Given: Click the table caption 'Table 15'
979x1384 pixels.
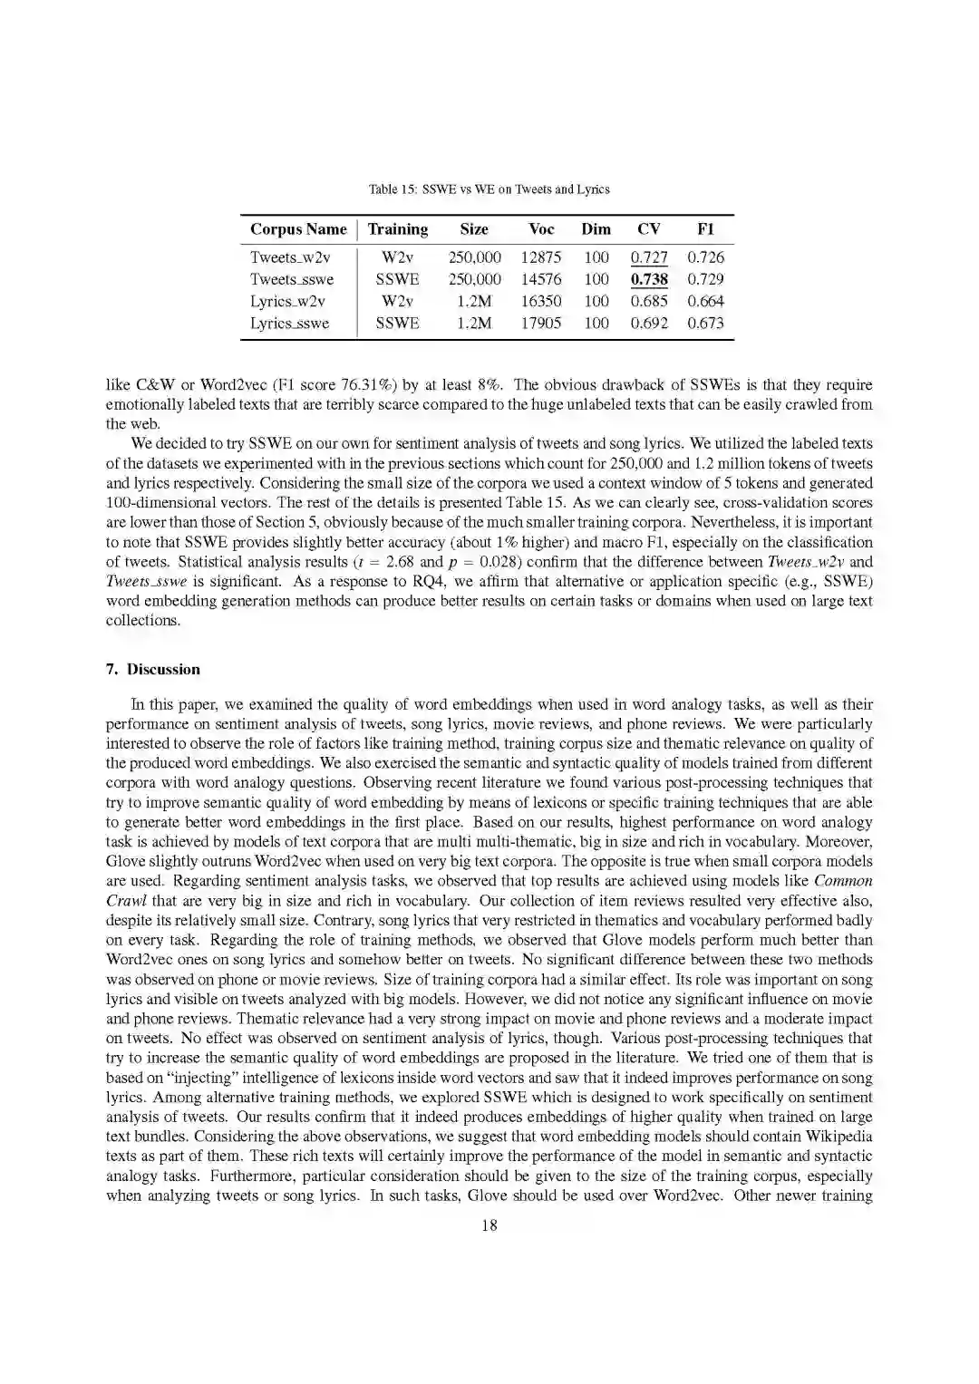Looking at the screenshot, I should pyautogui.click(x=489, y=189).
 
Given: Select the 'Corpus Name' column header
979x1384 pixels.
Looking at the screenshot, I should pyautogui.click(x=298, y=229).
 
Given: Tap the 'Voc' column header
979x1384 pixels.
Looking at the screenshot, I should pyautogui.click(x=540, y=229).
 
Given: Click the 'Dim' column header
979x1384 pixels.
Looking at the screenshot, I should pyautogui.click(x=596, y=229).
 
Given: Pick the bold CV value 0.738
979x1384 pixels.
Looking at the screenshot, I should pyautogui.click(x=649, y=279).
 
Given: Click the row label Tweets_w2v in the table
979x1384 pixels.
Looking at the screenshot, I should pyautogui.click(x=290, y=257).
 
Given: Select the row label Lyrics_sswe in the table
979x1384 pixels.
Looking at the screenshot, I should pyautogui.click(x=289, y=324).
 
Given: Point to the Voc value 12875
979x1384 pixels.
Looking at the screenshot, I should pyautogui.click(x=540, y=257).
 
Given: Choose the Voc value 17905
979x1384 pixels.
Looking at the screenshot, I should pyautogui.click(x=540, y=324).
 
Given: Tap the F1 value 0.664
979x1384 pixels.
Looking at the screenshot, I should pyautogui.click(x=705, y=302).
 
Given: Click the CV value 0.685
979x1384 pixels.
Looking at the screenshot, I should pyautogui.click(x=649, y=302).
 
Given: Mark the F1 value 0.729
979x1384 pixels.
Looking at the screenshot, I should pyautogui.click(x=705, y=279).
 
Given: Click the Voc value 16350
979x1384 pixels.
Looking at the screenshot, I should pyautogui.click(x=540, y=302).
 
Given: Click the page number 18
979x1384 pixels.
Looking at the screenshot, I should pyautogui.click(x=489, y=1225).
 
